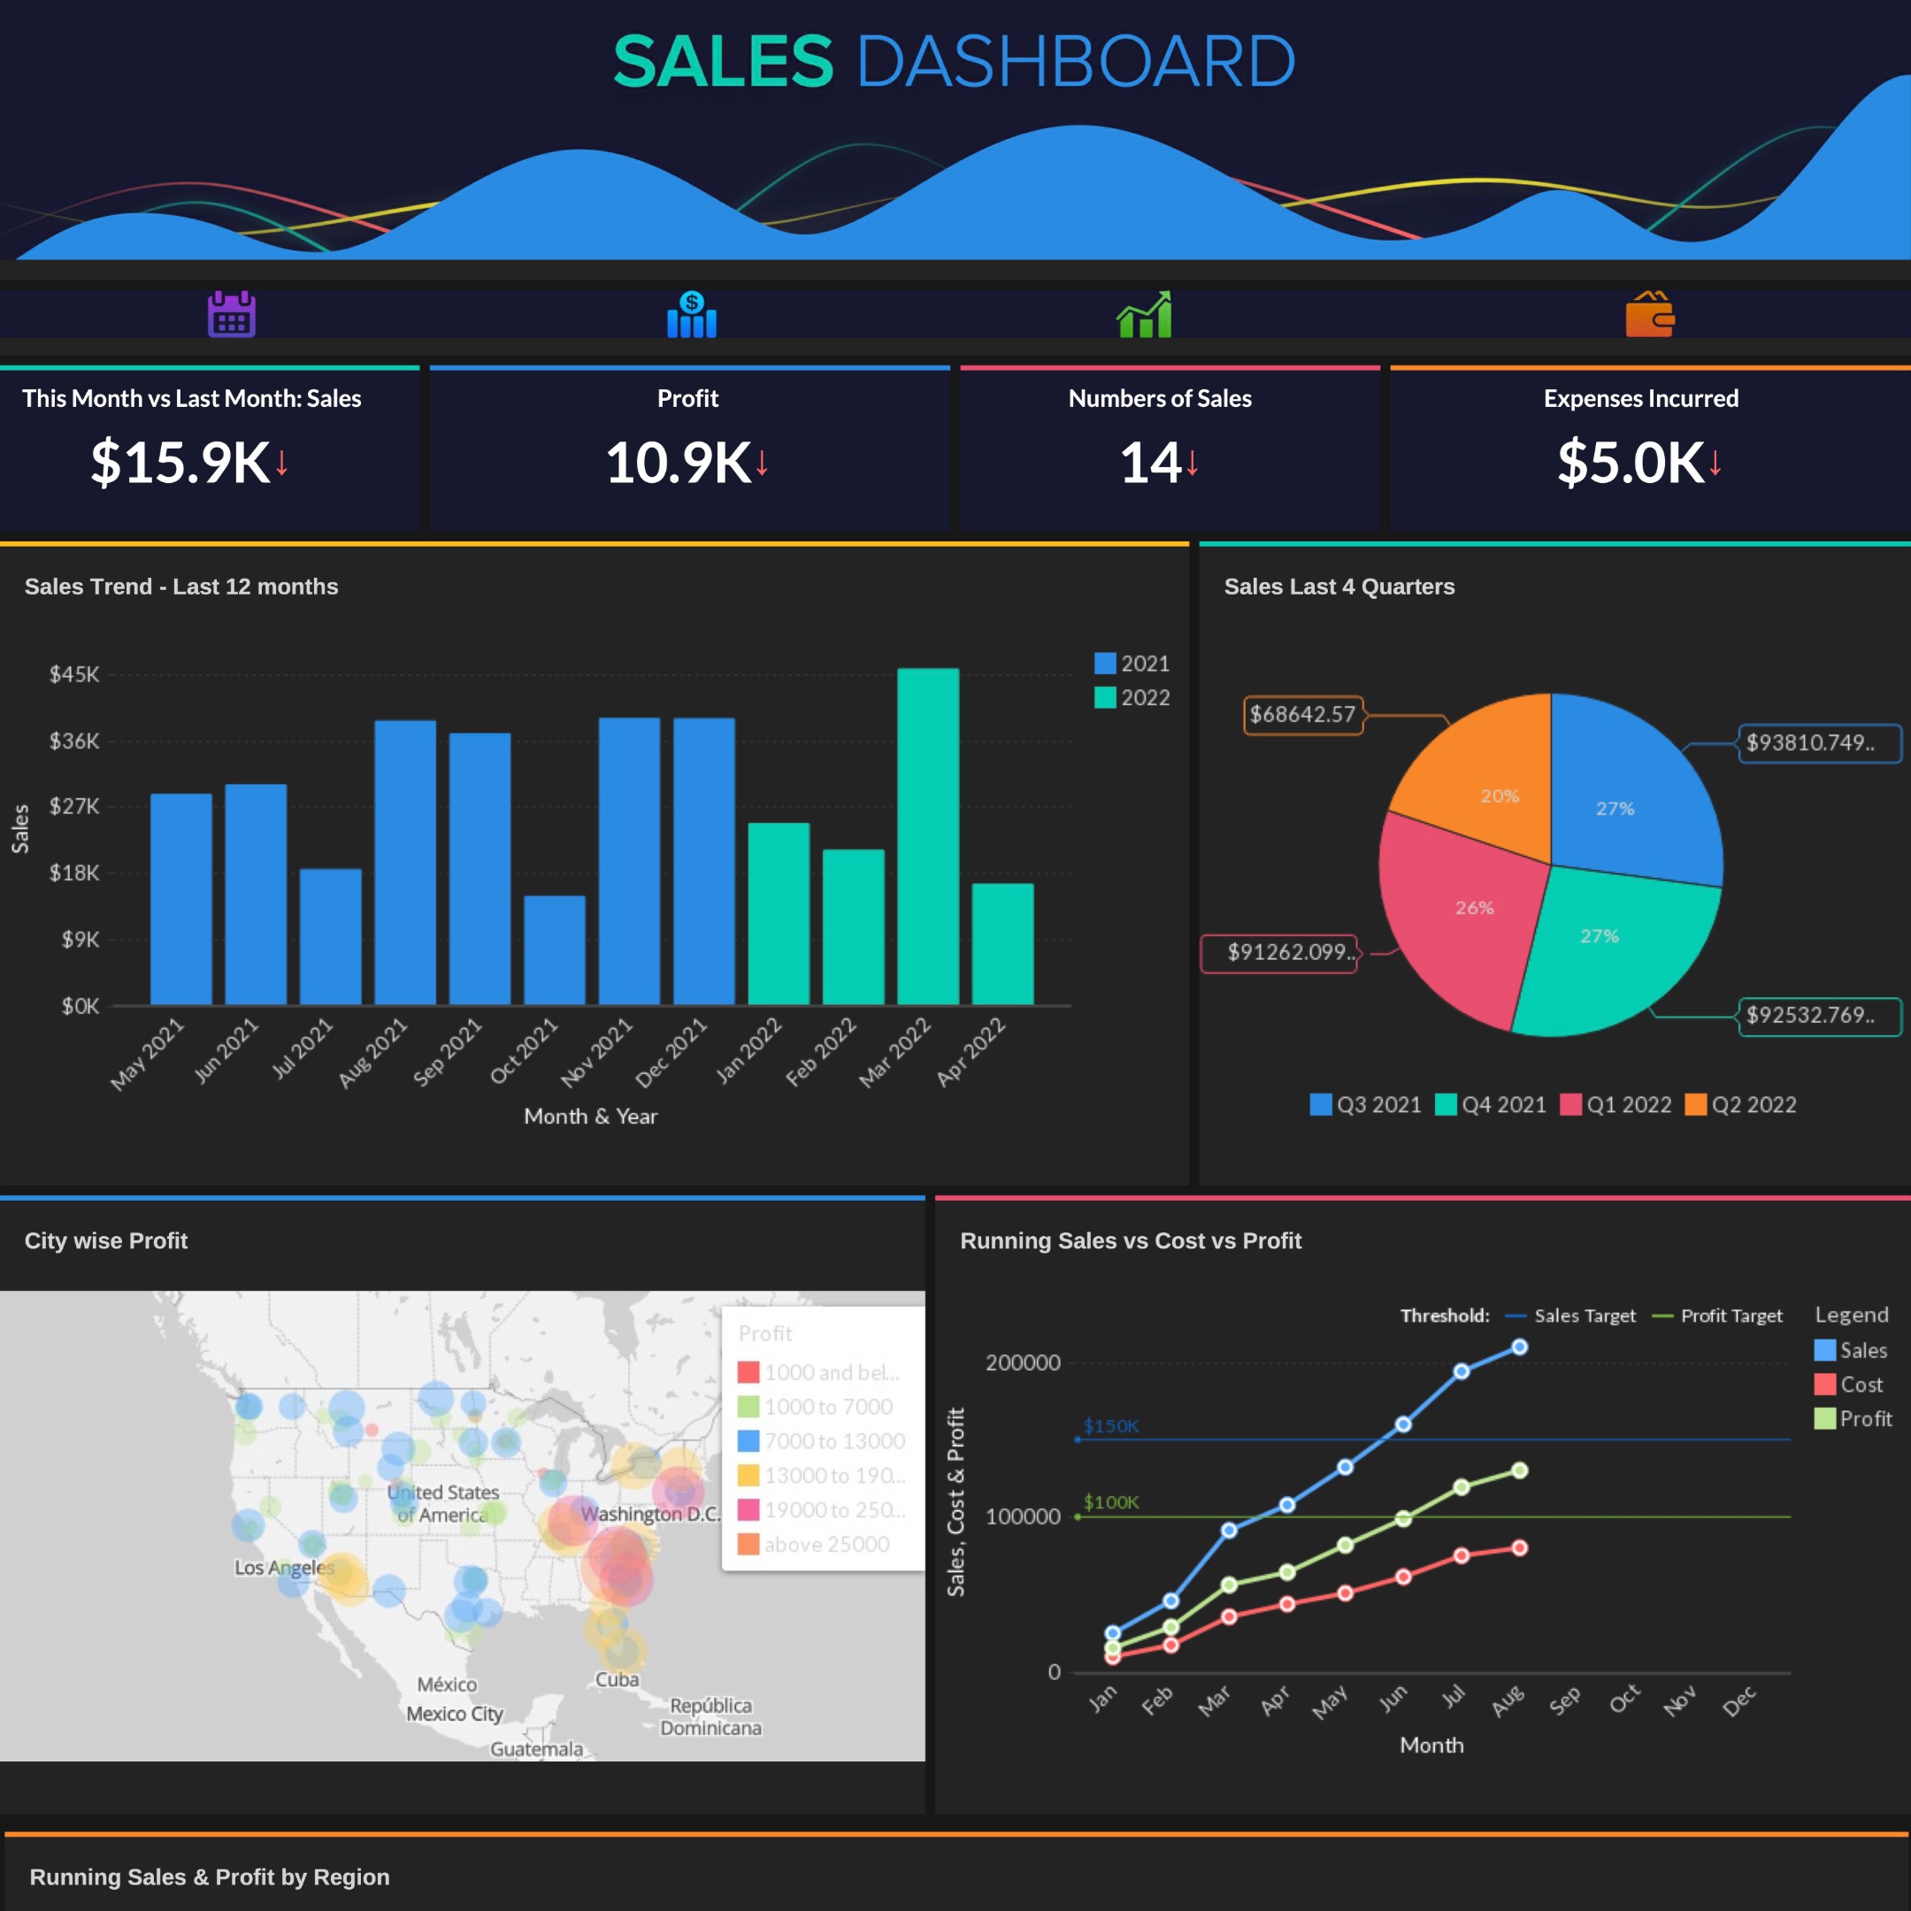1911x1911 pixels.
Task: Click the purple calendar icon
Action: tap(232, 315)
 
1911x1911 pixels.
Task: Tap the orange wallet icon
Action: tap(1649, 315)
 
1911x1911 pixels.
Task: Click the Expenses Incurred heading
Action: tap(1640, 399)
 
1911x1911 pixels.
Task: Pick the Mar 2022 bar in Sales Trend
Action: tap(927, 836)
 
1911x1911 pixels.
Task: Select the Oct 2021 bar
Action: tap(554, 949)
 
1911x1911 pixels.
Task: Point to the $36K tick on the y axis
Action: tap(74, 741)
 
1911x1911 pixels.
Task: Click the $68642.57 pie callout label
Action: tap(1301, 714)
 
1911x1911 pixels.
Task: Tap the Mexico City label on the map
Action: tap(454, 1713)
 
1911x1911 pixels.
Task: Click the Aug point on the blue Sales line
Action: tap(1519, 1347)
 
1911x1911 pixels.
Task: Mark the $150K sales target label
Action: tap(1111, 1425)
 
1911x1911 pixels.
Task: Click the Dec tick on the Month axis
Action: tap(1738, 1701)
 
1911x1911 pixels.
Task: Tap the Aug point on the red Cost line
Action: tap(1519, 1548)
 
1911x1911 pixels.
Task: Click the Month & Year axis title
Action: tap(590, 1116)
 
